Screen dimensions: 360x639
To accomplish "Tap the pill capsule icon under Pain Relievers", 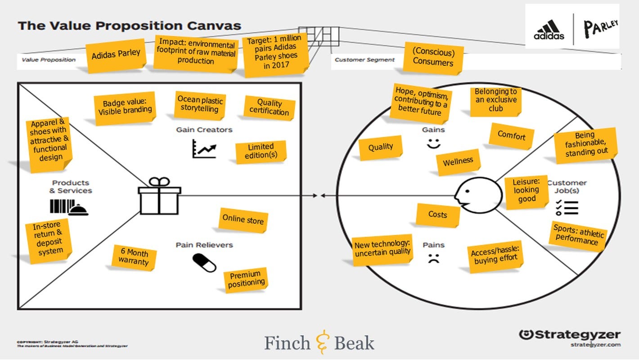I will pyautogui.click(x=204, y=263).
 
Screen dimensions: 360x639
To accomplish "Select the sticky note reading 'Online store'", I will pyautogui.click(x=243, y=220).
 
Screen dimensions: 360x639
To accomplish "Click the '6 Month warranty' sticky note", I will pyautogui.click(x=134, y=257).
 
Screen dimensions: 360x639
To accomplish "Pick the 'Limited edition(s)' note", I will pyautogui.click(x=261, y=151).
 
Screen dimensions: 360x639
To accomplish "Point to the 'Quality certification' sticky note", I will pyautogui.click(x=269, y=108).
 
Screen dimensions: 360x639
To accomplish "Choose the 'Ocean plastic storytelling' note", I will pyautogui.click(x=199, y=104).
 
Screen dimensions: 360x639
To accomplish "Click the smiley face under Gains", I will pyautogui.click(x=433, y=144).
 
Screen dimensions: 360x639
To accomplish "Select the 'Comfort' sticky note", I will pyautogui.click(x=511, y=135).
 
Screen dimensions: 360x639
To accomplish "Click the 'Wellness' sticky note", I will pyautogui.click(x=458, y=162).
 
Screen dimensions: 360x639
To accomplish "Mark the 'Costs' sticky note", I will pyautogui.click(x=437, y=215).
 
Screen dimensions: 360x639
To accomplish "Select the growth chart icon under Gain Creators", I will pyautogui.click(x=204, y=148).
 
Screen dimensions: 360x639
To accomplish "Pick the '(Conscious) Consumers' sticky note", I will pyautogui.click(x=433, y=58).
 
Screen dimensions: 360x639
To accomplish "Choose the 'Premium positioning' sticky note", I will pyautogui.click(x=246, y=279).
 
